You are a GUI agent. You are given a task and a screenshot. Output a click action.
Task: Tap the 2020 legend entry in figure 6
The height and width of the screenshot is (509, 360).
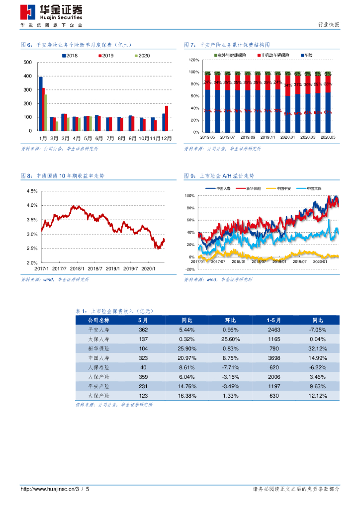[x=141, y=56]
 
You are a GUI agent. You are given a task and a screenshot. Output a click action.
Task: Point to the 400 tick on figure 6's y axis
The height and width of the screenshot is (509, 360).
[x=28, y=76]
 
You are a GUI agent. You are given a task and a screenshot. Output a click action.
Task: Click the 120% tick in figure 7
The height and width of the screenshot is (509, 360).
[x=194, y=60]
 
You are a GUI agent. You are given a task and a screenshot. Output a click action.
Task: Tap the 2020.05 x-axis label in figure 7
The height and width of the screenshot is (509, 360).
[x=328, y=137]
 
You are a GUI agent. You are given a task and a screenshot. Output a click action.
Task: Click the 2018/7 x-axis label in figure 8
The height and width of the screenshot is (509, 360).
[x=96, y=268]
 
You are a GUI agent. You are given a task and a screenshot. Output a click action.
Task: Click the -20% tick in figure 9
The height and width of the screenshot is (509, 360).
[x=189, y=269]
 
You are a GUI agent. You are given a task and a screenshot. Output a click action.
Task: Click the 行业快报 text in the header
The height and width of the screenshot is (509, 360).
[x=328, y=25]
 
